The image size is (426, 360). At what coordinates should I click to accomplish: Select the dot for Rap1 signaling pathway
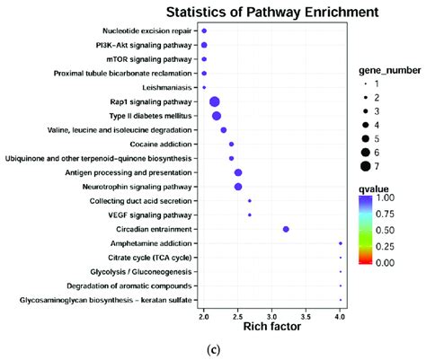coord(215,102)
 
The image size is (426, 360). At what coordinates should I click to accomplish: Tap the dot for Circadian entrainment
coord(286,230)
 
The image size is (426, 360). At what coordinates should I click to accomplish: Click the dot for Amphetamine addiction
coord(341,243)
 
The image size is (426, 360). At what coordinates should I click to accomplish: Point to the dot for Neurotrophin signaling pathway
coord(238,187)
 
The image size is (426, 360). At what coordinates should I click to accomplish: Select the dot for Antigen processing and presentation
coord(238,172)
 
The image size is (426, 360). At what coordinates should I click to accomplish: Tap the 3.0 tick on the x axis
coord(271,316)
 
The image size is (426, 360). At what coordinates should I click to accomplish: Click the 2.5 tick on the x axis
coord(237,316)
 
